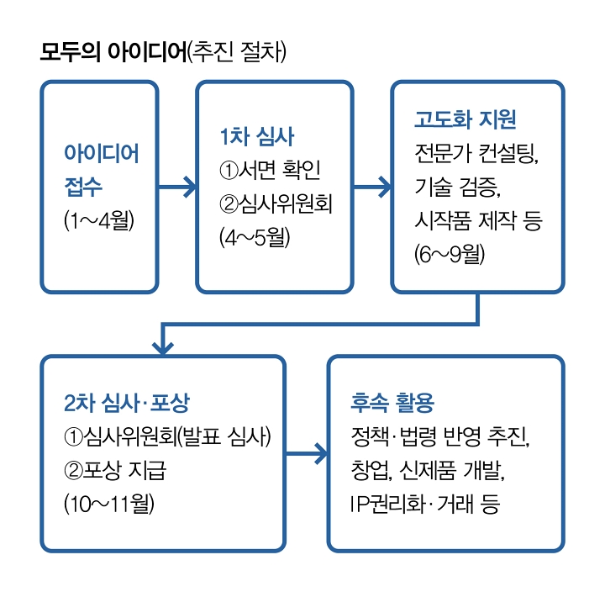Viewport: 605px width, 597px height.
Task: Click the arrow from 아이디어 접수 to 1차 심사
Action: pyautogui.click(x=177, y=187)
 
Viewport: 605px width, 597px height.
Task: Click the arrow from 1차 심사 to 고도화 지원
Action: pyautogui.click(x=371, y=187)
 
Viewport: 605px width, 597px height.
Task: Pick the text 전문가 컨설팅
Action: pyautogui.click(x=475, y=153)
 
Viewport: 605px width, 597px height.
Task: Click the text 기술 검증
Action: pyautogui.click(x=459, y=187)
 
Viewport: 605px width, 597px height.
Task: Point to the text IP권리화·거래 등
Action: pyautogui.click(x=424, y=504)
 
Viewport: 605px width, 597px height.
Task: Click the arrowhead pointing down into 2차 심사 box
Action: pyautogui.click(x=163, y=343)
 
